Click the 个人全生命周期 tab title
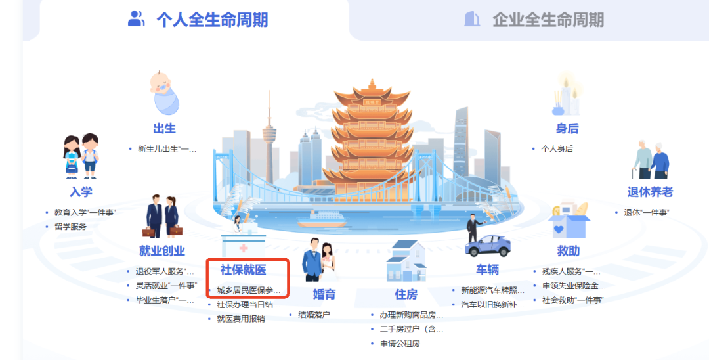[212, 20]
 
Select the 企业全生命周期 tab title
[548, 20]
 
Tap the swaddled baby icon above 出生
[165, 93]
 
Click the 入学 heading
[81, 192]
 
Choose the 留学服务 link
[70, 227]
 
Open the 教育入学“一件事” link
[85, 212]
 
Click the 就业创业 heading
[162, 250]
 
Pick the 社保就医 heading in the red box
[244, 270]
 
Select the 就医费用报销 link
[241, 319]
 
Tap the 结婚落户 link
[314, 315]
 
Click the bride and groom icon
[319, 260]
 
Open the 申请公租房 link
[400, 344]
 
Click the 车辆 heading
[487, 270]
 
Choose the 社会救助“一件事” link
[573, 300]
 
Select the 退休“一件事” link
[647, 212]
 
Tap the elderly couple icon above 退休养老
[651, 160]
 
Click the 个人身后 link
[557, 148]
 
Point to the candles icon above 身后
[566, 96]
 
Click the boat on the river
[322, 219]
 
